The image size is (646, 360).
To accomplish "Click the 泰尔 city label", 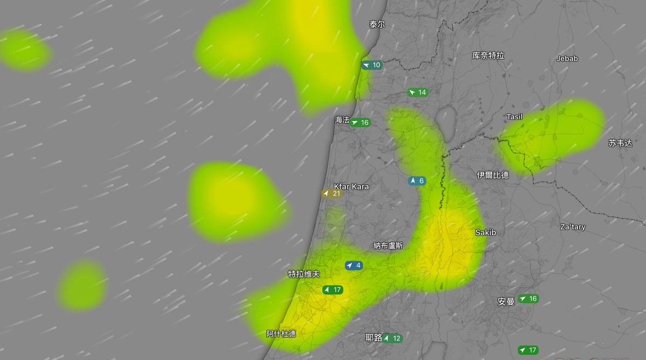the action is coord(377,25).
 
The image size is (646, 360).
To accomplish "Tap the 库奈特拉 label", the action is coord(488,55).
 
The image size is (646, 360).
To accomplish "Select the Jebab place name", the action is coord(567,59).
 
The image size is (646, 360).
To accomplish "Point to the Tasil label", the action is coord(515,117).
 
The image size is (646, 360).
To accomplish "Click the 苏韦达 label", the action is coord(620,143).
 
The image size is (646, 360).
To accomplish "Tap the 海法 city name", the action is coord(342,120).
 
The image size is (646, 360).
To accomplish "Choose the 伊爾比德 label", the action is coord(493,175).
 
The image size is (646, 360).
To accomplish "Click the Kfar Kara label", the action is coord(352,187).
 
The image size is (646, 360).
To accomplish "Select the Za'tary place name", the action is coord(572,227).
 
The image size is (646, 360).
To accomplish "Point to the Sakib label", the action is coord(485,232).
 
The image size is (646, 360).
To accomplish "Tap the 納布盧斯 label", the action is coord(388,245).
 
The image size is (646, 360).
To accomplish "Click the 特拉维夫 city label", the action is coord(304,274).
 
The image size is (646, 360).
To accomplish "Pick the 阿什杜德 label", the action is coord(281,334).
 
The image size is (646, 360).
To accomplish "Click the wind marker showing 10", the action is coord(371,65).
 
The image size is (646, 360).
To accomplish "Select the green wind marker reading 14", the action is coord(418,93).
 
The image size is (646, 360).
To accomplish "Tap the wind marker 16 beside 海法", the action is coord(360,123).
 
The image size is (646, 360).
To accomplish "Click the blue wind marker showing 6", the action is coord(417,181).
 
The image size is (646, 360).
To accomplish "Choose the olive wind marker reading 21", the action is coord(332,193).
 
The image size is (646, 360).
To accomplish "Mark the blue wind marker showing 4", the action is coord(354,265).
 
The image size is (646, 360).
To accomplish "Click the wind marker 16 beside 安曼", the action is coord(528,299).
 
